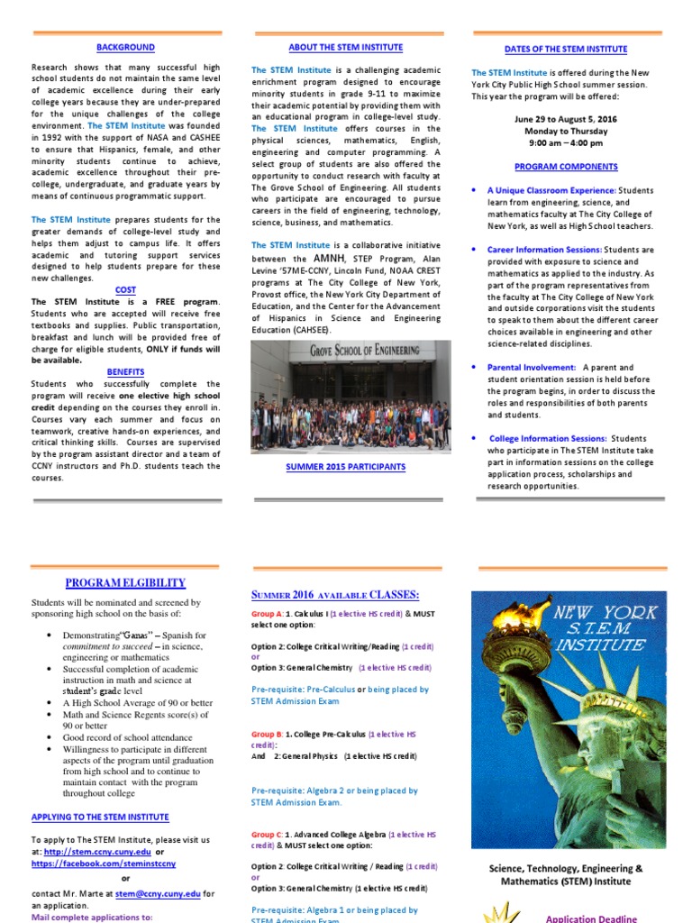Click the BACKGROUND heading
(x=126, y=48)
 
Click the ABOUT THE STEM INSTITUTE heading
(x=345, y=47)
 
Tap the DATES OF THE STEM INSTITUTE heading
(x=566, y=50)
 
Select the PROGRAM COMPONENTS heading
(x=566, y=167)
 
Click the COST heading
(x=126, y=289)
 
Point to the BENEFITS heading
(x=126, y=371)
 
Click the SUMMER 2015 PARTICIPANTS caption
(x=345, y=467)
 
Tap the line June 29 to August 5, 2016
(x=566, y=119)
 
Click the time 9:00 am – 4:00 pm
(x=566, y=142)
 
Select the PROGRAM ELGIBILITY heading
(x=125, y=583)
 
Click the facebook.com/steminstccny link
(x=104, y=864)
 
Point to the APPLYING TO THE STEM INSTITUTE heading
(x=100, y=818)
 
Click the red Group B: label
(x=267, y=735)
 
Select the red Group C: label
(x=267, y=836)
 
